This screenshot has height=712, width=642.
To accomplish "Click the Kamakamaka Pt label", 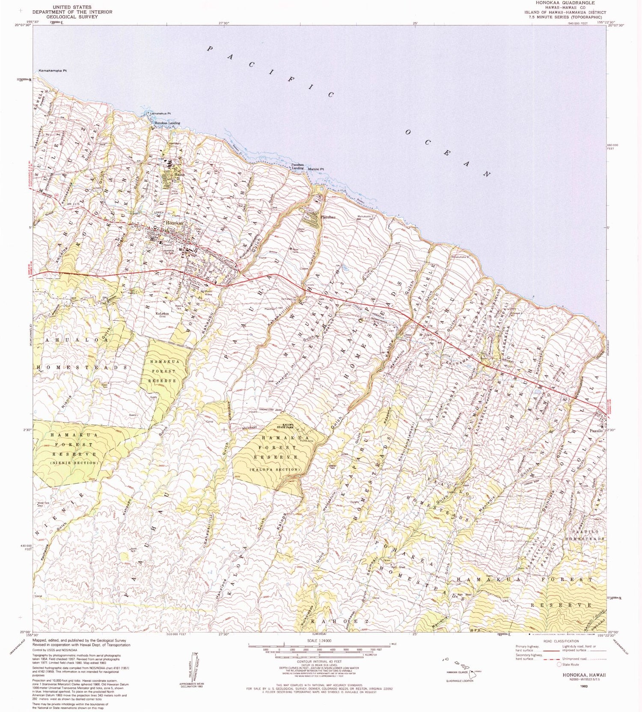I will pyautogui.click(x=53, y=70).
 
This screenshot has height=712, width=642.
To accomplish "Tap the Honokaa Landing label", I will pyautogui.click(x=167, y=123).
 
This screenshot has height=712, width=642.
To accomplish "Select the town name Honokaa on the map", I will pyautogui.click(x=174, y=223).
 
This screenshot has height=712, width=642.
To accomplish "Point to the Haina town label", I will pyautogui.click(x=178, y=175).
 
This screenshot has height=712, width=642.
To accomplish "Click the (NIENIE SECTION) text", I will pyautogui.click(x=74, y=463).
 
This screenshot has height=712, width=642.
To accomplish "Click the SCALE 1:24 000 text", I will pyautogui.click(x=319, y=641).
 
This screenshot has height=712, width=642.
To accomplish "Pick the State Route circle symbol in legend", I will pyautogui.click(x=559, y=664).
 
